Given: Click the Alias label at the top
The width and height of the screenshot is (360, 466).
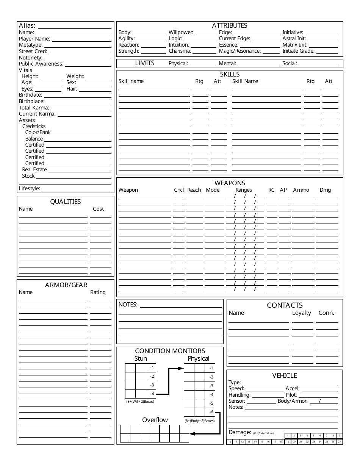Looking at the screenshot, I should tap(27, 26).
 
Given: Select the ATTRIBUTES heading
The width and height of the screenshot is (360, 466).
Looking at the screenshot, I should tap(230, 26).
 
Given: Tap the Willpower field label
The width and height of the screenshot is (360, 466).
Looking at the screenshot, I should tap(181, 33).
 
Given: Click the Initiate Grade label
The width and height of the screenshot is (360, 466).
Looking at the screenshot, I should tap(299, 51).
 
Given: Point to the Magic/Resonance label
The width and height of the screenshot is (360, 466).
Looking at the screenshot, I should tap(240, 51).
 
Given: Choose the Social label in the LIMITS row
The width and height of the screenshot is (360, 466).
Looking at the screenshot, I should tap(290, 64).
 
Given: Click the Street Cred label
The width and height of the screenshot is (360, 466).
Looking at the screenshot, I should tap(33, 51).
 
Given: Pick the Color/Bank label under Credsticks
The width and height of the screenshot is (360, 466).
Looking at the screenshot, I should tap(38, 133).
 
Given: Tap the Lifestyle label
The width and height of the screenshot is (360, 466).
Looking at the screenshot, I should tap(30, 188).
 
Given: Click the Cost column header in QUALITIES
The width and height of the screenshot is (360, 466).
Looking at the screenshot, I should tap(98, 209).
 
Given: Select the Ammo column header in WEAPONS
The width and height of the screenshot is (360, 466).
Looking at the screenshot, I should tap(301, 190).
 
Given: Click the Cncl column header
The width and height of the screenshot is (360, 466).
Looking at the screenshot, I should tap(179, 190).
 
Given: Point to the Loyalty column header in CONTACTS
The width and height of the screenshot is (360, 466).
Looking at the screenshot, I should tap(301, 313).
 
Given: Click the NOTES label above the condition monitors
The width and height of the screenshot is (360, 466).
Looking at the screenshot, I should tap(128, 304).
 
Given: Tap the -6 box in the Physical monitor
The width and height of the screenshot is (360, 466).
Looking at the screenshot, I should tap(211, 412).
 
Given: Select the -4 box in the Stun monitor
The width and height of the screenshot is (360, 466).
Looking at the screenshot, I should tap(152, 394).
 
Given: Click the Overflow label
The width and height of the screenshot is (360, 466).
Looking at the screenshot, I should tap(155, 420).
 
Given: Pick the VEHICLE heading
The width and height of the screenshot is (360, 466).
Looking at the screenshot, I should tap(285, 375).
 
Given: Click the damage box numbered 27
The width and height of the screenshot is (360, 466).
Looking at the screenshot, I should tap(339, 442).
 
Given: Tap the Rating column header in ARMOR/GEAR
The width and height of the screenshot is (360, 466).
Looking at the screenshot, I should tap(98, 292).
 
